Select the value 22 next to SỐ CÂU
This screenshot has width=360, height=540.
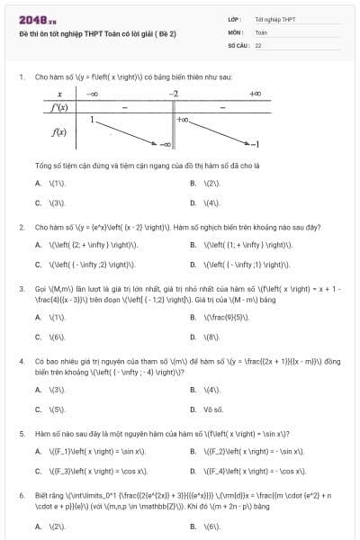coord(258,43)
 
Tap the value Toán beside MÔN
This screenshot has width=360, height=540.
coord(261,31)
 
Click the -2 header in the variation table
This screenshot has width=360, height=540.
coord(174,94)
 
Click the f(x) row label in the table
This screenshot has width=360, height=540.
coord(59,131)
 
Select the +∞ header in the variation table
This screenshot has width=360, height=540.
coord(255,94)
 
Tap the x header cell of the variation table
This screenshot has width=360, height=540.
coord(59,94)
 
